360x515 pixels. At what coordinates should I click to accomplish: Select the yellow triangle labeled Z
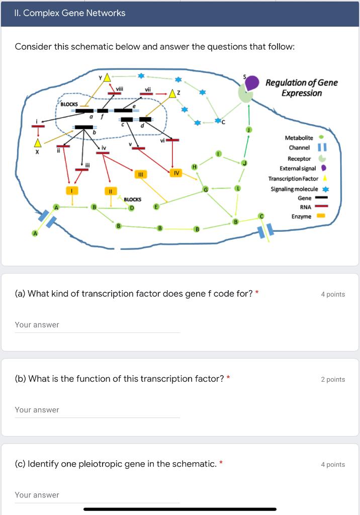click(173, 94)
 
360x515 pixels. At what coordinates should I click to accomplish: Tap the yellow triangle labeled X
click(37, 143)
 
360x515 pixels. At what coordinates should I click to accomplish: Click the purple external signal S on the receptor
click(252, 81)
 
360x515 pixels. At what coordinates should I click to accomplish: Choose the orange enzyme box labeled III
click(141, 174)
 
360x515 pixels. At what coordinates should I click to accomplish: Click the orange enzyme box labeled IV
click(175, 173)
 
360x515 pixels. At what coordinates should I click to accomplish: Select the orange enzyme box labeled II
click(110, 191)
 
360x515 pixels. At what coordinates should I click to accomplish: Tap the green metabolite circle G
click(205, 189)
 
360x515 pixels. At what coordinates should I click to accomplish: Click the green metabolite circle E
click(156, 206)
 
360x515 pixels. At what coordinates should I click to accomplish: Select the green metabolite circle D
click(131, 207)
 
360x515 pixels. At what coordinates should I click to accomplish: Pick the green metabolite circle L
click(238, 188)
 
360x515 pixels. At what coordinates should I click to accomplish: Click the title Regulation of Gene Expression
click(301, 88)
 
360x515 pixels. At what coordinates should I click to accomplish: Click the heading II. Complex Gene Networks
click(70, 13)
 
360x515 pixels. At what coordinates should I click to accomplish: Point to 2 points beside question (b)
click(333, 380)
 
